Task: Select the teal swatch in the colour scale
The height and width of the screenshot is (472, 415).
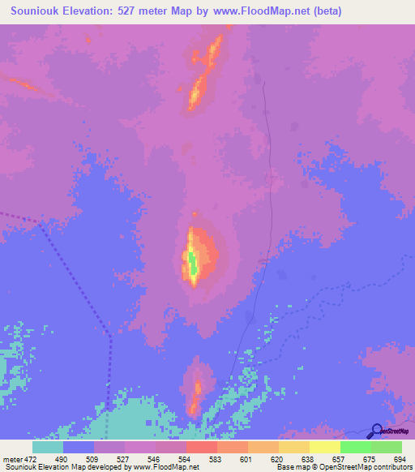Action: [x=48, y=447]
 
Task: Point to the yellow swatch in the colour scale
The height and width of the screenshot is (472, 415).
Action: [x=325, y=447]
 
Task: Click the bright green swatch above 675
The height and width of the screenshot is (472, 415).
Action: [x=356, y=447]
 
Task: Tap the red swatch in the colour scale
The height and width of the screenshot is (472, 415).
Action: [x=202, y=447]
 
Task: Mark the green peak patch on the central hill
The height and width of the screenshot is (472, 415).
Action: [x=193, y=264]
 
